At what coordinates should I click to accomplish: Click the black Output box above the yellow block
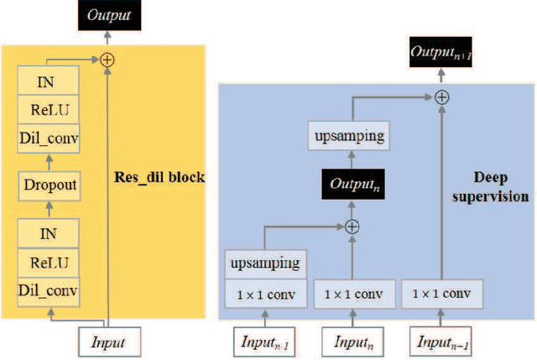click(107, 14)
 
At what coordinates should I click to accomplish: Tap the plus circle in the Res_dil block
click(107, 59)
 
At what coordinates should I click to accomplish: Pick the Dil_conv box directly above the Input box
click(49, 291)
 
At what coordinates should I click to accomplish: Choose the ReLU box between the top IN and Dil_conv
click(49, 110)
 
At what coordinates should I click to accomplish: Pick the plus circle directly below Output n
click(352, 226)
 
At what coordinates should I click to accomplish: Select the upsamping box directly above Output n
click(352, 135)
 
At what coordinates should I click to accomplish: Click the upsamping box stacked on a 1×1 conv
click(265, 264)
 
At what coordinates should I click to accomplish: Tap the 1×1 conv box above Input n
click(352, 294)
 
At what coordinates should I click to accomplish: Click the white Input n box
click(352, 342)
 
